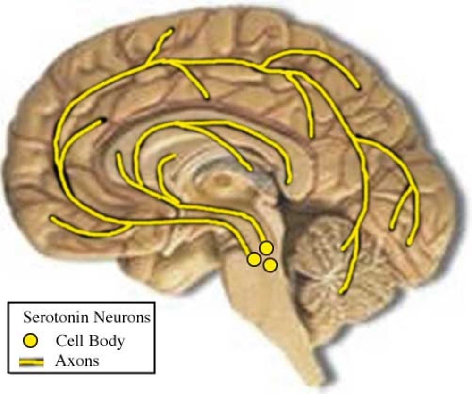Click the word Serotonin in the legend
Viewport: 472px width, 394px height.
click(x=56, y=317)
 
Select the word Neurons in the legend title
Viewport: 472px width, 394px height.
click(x=122, y=317)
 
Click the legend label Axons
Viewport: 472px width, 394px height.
click(x=77, y=361)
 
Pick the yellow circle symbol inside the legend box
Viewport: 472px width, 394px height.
click(x=31, y=341)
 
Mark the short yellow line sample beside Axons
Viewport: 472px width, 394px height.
click(x=31, y=362)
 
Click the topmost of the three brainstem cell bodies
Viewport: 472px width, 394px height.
click(x=266, y=248)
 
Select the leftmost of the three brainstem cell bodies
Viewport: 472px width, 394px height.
click(x=254, y=259)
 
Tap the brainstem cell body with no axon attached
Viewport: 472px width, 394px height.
click(x=270, y=265)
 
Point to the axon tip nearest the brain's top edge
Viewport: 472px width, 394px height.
click(x=171, y=30)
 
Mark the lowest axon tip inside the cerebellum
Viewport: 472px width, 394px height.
click(x=341, y=292)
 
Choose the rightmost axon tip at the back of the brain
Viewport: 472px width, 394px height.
click(x=409, y=244)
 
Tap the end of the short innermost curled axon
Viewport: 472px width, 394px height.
click(x=174, y=156)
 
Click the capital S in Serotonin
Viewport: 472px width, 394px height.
click(x=27, y=317)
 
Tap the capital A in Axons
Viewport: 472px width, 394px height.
click(x=60, y=361)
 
